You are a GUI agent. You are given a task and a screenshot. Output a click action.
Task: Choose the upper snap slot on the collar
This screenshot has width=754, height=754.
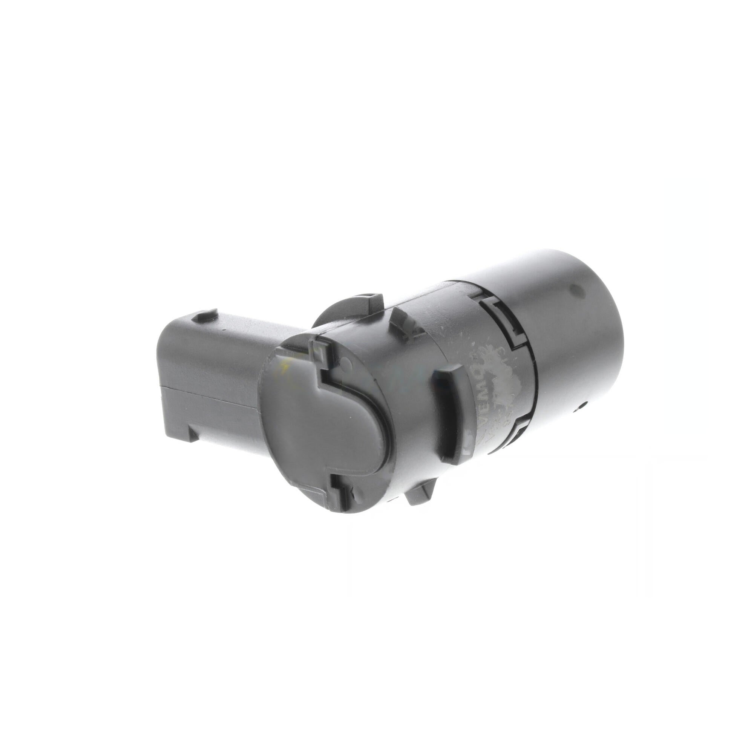pyautogui.click(x=507, y=320)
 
